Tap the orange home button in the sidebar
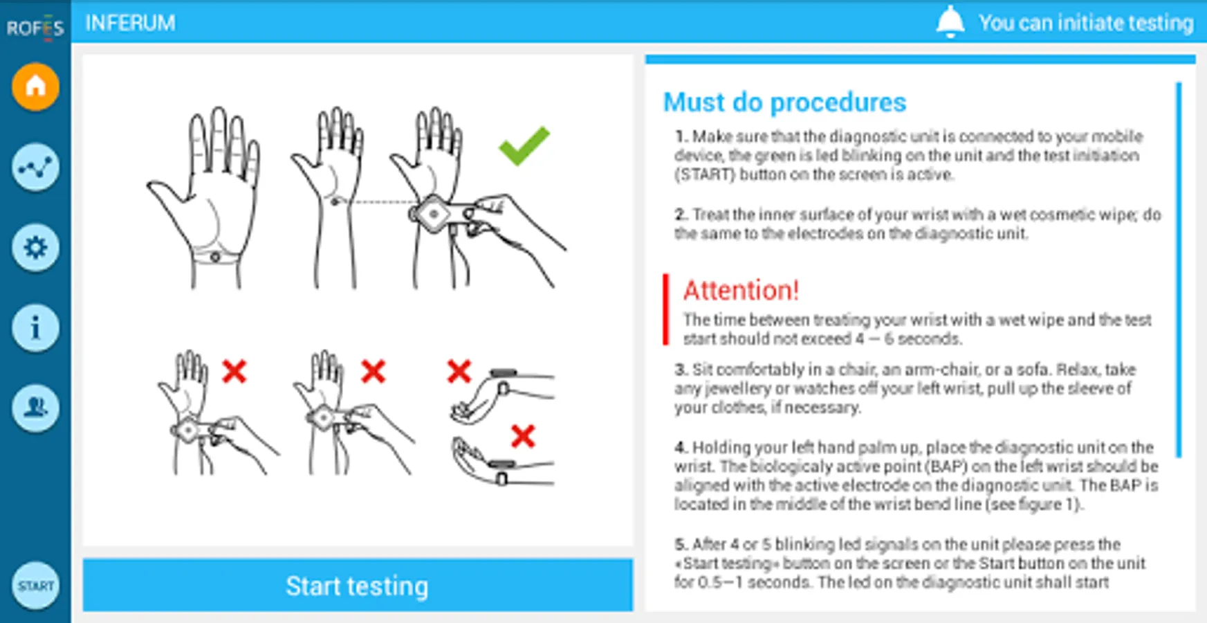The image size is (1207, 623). pos(35,87)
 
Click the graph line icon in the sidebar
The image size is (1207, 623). pos(35,167)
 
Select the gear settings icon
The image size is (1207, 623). pos(35,247)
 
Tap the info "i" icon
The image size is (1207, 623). pos(35,327)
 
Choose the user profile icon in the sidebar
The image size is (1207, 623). pos(35,408)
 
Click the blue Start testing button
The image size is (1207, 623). pos(358,586)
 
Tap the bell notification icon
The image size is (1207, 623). pos(950,22)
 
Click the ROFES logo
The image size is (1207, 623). pos(35,28)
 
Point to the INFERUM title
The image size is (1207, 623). pos(130,23)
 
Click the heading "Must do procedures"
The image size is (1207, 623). pos(784,102)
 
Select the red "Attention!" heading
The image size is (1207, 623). pos(741,290)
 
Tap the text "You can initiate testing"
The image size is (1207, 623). pos(1086,23)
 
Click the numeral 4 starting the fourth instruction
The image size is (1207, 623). pos(681,447)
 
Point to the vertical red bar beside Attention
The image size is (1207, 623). pos(665,309)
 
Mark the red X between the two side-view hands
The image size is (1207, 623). pos(523,436)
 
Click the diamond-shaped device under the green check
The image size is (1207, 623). pos(434,214)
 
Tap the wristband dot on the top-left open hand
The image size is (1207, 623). pos(215,258)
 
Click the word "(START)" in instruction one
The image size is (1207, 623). pos(705,174)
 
